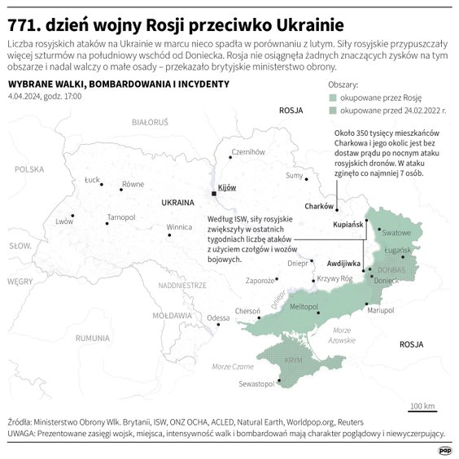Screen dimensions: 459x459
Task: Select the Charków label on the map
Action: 318,206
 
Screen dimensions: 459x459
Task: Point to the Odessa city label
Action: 218,317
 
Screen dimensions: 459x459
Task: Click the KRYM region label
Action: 293,360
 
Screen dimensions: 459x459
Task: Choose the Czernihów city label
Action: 248,151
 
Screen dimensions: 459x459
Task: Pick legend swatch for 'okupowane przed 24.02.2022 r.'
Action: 334,108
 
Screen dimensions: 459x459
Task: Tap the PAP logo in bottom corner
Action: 444,449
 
